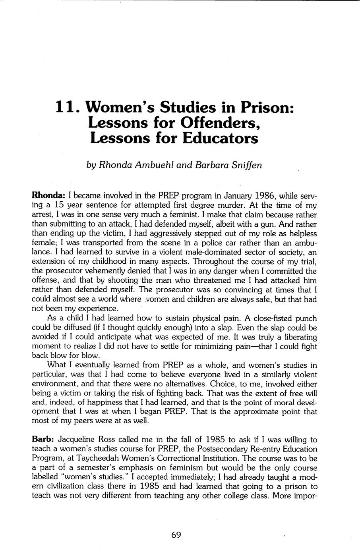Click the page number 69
[176, 535]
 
